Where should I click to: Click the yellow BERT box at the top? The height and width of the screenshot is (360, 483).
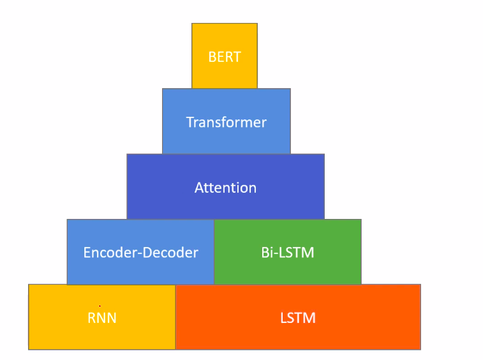(x=225, y=56)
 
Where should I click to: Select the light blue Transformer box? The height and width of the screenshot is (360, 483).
(x=227, y=121)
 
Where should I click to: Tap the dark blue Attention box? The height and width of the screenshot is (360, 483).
(x=225, y=186)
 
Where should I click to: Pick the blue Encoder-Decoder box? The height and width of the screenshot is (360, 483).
(x=140, y=252)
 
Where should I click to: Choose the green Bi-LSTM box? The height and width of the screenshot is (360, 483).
(x=288, y=252)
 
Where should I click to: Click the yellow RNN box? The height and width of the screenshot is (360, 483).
(x=102, y=317)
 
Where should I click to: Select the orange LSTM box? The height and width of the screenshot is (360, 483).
(x=298, y=317)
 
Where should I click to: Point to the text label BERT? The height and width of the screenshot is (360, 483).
(x=225, y=57)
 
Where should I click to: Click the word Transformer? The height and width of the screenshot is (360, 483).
(x=227, y=123)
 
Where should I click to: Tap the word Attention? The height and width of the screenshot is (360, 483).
(x=225, y=188)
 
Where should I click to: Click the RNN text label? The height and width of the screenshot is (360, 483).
(x=102, y=318)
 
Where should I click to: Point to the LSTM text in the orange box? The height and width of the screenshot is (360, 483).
(x=298, y=318)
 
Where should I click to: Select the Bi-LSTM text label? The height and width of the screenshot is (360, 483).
(x=288, y=253)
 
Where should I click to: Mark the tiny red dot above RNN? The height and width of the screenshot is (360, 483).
(x=100, y=306)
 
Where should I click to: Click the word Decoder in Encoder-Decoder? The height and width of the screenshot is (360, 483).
(x=170, y=253)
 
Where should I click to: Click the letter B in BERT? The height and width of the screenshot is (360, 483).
(x=212, y=57)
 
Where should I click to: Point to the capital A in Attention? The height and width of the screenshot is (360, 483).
(x=199, y=188)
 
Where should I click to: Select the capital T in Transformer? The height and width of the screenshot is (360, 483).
(x=190, y=123)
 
